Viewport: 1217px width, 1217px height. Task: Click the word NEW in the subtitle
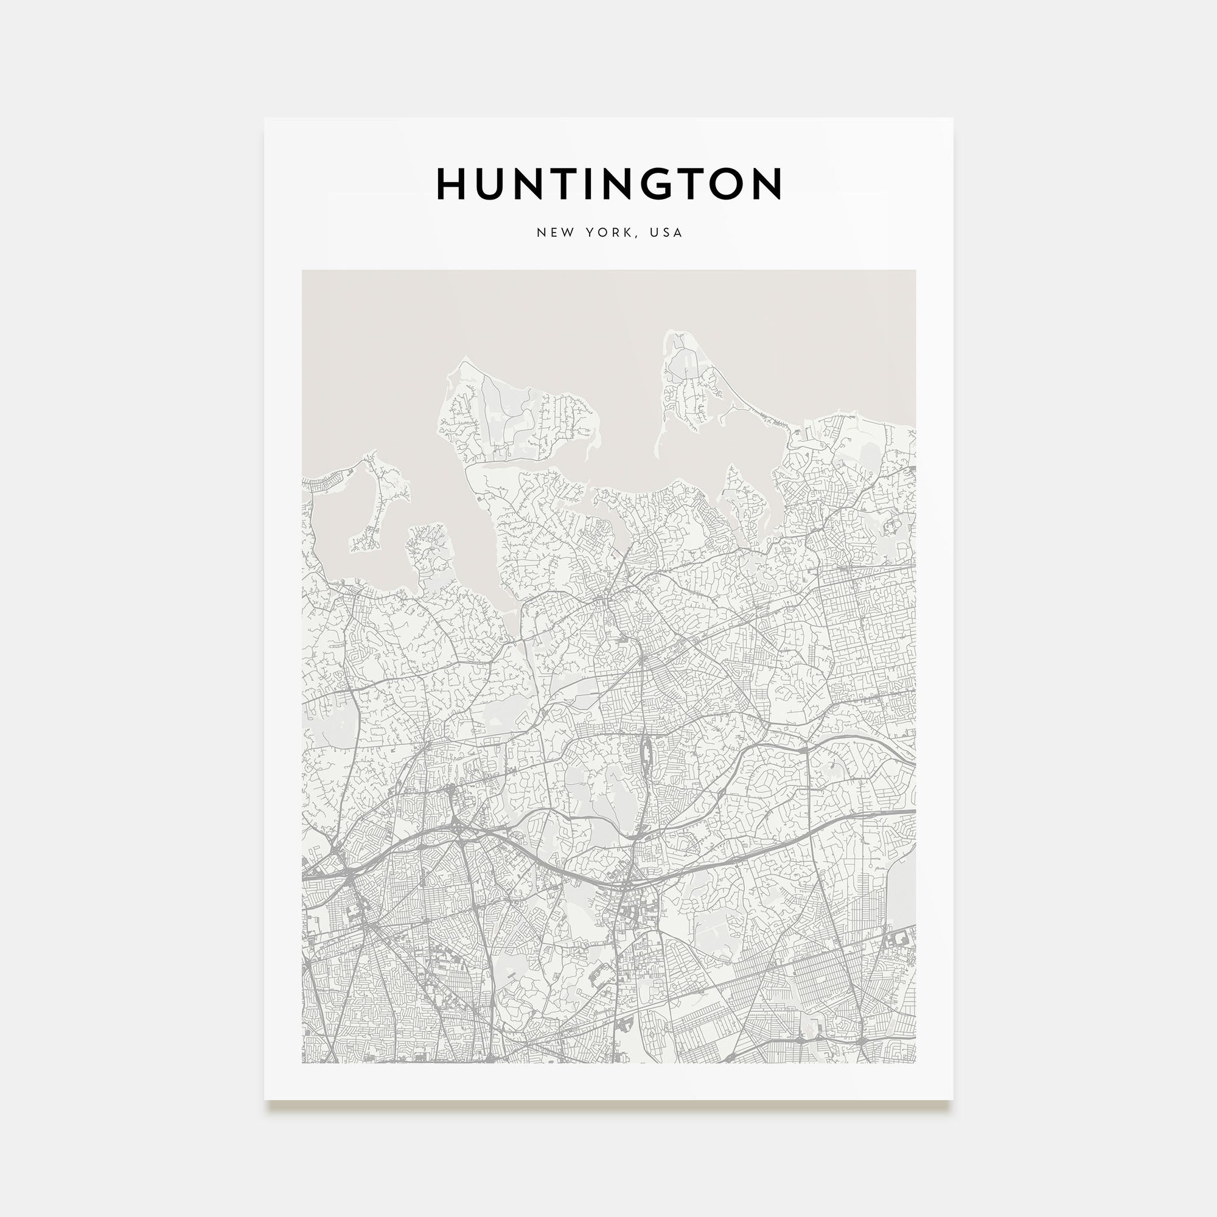[x=555, y=232]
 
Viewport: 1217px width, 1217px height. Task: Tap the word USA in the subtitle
[x=666, y=232]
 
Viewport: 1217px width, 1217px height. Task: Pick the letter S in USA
[x=666, y=232]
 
